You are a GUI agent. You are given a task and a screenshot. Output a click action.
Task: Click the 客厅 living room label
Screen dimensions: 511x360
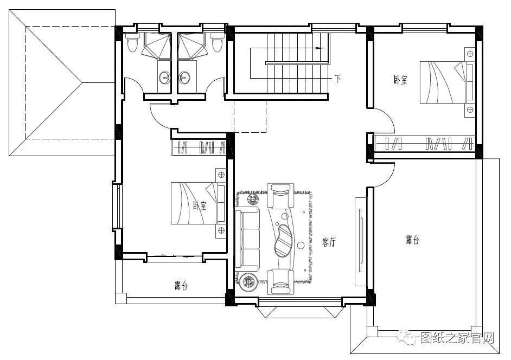(329, 242)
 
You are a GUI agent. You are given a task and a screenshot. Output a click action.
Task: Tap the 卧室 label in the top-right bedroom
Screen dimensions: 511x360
(400, 80)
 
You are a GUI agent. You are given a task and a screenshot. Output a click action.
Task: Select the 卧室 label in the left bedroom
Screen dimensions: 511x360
(200, 205)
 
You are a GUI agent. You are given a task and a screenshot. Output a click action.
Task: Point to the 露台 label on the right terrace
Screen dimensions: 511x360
(413, 240)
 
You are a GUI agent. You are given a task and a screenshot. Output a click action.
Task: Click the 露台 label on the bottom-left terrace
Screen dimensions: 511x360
(181, 286)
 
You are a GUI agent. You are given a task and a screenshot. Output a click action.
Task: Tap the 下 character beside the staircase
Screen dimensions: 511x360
(338, 79)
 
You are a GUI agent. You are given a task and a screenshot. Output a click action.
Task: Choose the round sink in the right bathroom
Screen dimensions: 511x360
(184, 78)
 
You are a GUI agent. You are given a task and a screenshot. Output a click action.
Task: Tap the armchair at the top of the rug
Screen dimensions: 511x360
(279, 195)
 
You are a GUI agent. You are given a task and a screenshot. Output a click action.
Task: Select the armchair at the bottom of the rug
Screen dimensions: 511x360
(279, 281)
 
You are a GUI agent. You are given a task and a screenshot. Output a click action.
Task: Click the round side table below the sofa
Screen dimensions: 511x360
(248, 281)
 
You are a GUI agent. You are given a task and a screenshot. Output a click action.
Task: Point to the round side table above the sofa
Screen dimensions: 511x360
(253, 198)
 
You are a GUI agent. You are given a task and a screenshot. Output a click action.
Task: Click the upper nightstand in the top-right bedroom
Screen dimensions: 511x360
(470, 54)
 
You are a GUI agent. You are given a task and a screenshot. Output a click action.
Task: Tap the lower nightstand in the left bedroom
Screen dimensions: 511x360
(221, 230)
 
